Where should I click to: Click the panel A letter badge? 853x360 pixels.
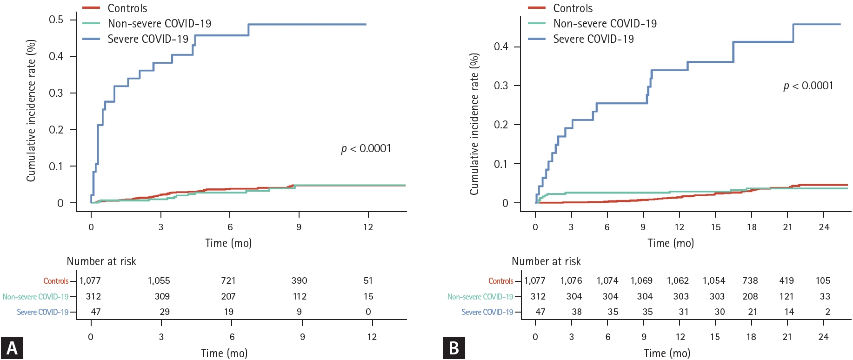(12, 348)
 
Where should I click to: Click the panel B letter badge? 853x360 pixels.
(454, 348)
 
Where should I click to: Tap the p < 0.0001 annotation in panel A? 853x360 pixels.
(366, 148)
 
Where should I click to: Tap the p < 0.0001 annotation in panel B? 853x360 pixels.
(808, 86)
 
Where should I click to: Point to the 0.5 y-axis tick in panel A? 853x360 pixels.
(56, 20)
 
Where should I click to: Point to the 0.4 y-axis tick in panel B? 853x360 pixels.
(501, 47)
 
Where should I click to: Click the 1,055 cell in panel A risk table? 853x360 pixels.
(159, 281)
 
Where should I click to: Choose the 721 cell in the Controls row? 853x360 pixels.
(228, 281)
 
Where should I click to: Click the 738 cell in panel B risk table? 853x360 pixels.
(750, 281)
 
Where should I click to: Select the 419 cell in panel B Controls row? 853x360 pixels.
(786, 281)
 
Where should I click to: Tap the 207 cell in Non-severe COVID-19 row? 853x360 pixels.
(228, 297)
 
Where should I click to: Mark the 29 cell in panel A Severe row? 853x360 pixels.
(165, 312)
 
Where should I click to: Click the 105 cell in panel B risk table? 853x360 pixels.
(823, 281)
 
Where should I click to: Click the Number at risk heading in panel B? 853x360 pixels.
(546, 261)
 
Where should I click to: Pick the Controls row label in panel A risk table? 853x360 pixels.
(56, 281)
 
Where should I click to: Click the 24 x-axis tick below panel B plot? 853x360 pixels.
(824, 227)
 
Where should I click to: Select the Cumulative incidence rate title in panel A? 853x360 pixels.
(31, 111)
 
